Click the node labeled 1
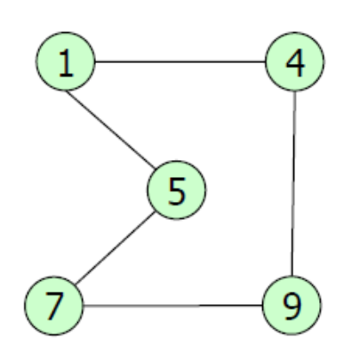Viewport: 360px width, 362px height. click(x=66, y=61)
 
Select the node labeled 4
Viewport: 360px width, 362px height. click(x=295, y=61)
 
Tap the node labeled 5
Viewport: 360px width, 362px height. click(x=177, y=190)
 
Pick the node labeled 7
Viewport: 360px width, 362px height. click(x=54, y=306)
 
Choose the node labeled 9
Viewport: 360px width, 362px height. click(x=292, y=305)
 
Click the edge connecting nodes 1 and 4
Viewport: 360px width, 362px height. click(x=180, y=62)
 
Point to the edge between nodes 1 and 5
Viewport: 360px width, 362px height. click(x=111, y=131)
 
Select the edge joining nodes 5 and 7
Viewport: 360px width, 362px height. click(x=116, y=248)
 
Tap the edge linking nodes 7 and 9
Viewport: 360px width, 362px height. click(x=173, y=305)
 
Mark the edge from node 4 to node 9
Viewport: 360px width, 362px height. click(x=293, y=183)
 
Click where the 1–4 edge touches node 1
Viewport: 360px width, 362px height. click(x=95, y=62)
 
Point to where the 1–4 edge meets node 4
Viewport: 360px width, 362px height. click(x=265, y=62)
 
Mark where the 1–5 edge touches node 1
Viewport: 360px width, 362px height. click(x=67, y=91)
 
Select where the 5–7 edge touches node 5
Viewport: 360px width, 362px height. click(x=155, y=212)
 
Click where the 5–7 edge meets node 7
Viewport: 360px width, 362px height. click(x=76, y=285)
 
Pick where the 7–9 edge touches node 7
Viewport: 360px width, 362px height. click(x=84, y=305)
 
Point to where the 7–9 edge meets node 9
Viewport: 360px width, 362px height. click(x=262, y=305)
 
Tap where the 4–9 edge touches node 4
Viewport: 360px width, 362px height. click(x=295, y=92)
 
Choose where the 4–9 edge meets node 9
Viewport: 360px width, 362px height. click(x=292, y=276)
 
